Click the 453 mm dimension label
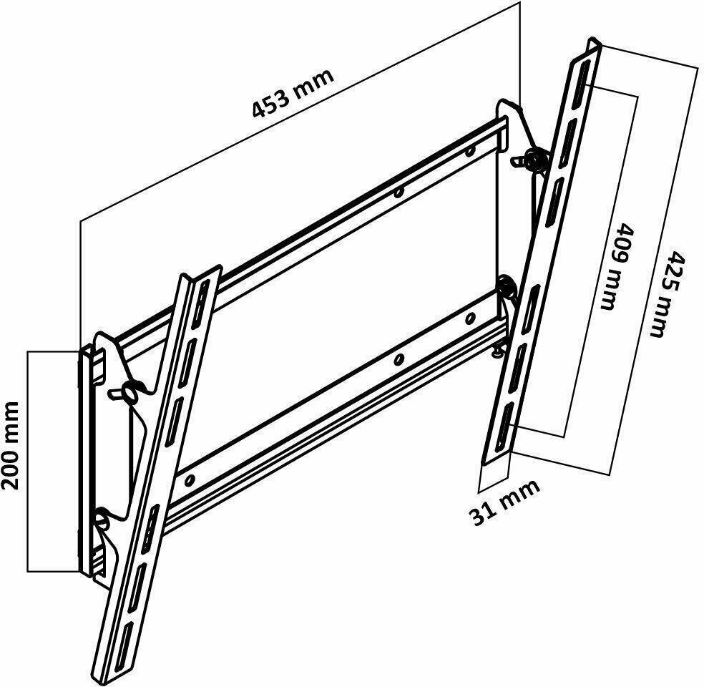coord(293,94)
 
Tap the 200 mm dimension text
coord(10,446)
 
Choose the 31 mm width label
coord(504,502)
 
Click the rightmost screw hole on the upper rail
coord(469,151)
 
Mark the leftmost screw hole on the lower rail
coord(190,480)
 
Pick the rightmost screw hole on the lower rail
coord(469,318)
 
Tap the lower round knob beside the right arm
coord(508,287)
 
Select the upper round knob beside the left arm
coord(133,391)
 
